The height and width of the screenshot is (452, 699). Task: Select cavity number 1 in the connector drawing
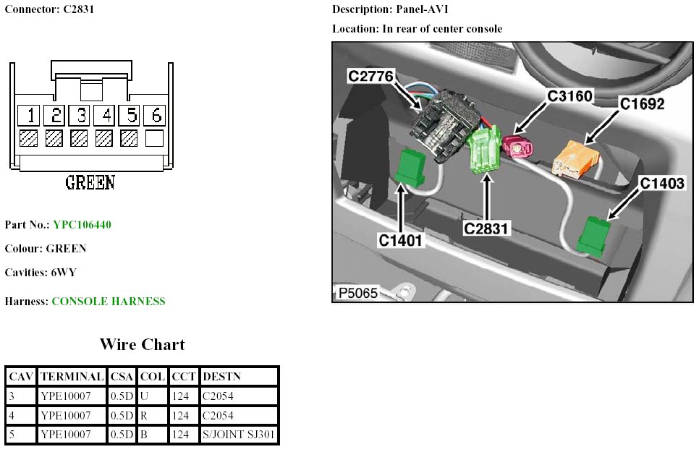(x=29, y=115)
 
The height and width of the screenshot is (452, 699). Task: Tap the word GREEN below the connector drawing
(x=90, y=182)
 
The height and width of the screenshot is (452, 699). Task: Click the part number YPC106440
(x=82, y=225)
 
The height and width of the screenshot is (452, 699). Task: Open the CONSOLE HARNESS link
(x=109, y=302)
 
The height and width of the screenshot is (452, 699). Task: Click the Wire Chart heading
(x=142, y=344)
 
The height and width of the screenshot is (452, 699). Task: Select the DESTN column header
(x=221, y=376)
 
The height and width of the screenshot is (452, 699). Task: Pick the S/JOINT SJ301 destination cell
(x=239, y=435)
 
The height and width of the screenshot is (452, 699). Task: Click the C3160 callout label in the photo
(x=569, y=95)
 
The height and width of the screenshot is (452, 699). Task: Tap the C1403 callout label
(x=661, y=184)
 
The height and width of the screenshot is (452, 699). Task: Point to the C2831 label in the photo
(x=487, y=229)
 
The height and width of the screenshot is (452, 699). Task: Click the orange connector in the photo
(x=577, y=159)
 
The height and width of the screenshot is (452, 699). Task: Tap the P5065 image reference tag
(x=357, y=294)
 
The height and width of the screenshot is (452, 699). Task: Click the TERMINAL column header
(x=72, y=376)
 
